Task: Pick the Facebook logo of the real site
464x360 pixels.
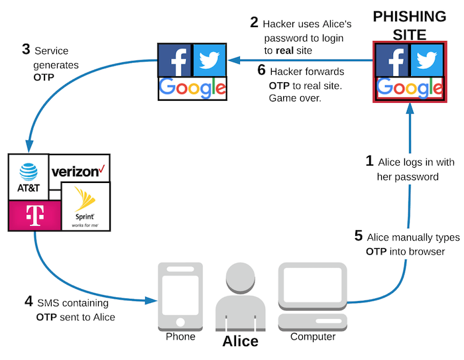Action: [x=174, y=60]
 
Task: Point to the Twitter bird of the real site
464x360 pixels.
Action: [x=209, y=60]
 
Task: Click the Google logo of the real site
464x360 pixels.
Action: [x=192, y=88]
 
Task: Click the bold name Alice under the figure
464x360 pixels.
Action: [x=240, y=341]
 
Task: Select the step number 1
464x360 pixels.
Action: [x=370, y=160]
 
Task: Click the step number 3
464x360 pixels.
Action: [x=26, y=50]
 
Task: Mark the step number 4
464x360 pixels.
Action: [x=29, y=302]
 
